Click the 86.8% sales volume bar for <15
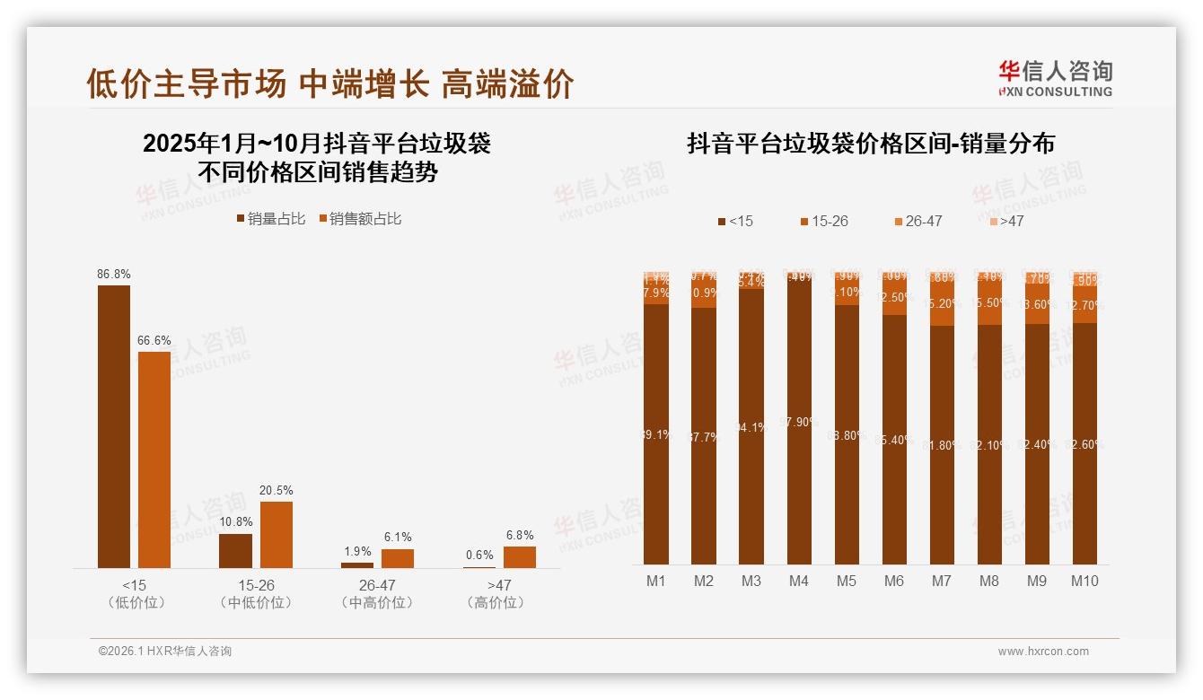tap(114, 426)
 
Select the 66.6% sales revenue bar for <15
tap(154, 459)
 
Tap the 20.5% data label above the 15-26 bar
tap(277, 491)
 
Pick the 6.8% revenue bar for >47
tap(520, 557)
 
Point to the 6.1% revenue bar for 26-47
tap(398, 558)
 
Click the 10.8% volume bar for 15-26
tap(236, 551)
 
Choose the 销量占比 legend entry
tap(272, 219)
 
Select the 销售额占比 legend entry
tap(360, 219)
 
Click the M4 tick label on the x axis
tap(799, 582)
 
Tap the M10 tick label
tap(1084, 582)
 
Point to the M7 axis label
tap(942, 582)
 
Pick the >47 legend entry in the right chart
tap(1007, 221)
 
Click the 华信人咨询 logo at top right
tap(1055, 78)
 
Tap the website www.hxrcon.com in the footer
tap(1043, 652)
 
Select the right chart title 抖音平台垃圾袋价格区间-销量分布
tap(871, 144)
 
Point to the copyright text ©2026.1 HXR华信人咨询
tap(165, 652)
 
